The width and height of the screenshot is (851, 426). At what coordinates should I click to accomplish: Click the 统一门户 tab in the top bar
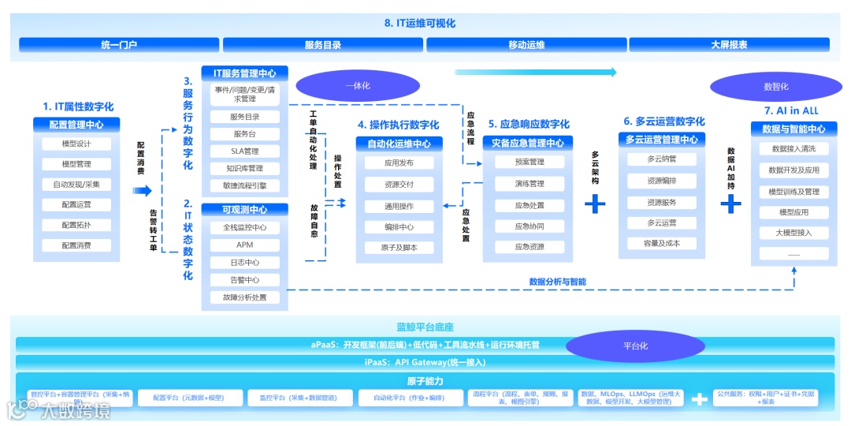tap(120, 45)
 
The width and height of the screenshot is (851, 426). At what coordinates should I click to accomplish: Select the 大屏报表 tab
tap(729, 45)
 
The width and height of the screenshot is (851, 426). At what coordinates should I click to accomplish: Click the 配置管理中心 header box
tap(76, 125)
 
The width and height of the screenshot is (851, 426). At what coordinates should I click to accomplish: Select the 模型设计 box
tap(76, 144)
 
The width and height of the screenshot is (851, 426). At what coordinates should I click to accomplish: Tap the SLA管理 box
tap(245, 151)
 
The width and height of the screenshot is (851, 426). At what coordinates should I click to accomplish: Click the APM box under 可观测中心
tap(245, 245)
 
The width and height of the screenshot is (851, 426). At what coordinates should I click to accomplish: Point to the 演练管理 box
tap(530, 184)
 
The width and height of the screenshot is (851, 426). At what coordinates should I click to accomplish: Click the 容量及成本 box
tap(662, 244)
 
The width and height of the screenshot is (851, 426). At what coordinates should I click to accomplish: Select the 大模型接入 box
tap(793, 233)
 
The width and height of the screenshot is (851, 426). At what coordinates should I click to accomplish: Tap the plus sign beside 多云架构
tap(595, 204)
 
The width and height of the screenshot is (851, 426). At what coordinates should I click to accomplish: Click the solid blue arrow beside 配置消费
tap(142, 190)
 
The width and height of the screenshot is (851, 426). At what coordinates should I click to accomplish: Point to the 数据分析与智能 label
tap(557, 282)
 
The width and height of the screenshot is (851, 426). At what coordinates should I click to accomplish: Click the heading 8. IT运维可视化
tap(420, 24)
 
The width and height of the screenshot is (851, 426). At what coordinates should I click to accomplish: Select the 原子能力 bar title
tap(425, 382)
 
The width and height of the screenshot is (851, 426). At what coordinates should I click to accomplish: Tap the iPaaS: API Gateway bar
tap(425, 362)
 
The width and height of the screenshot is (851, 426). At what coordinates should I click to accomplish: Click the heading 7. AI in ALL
tap(791, 110)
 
